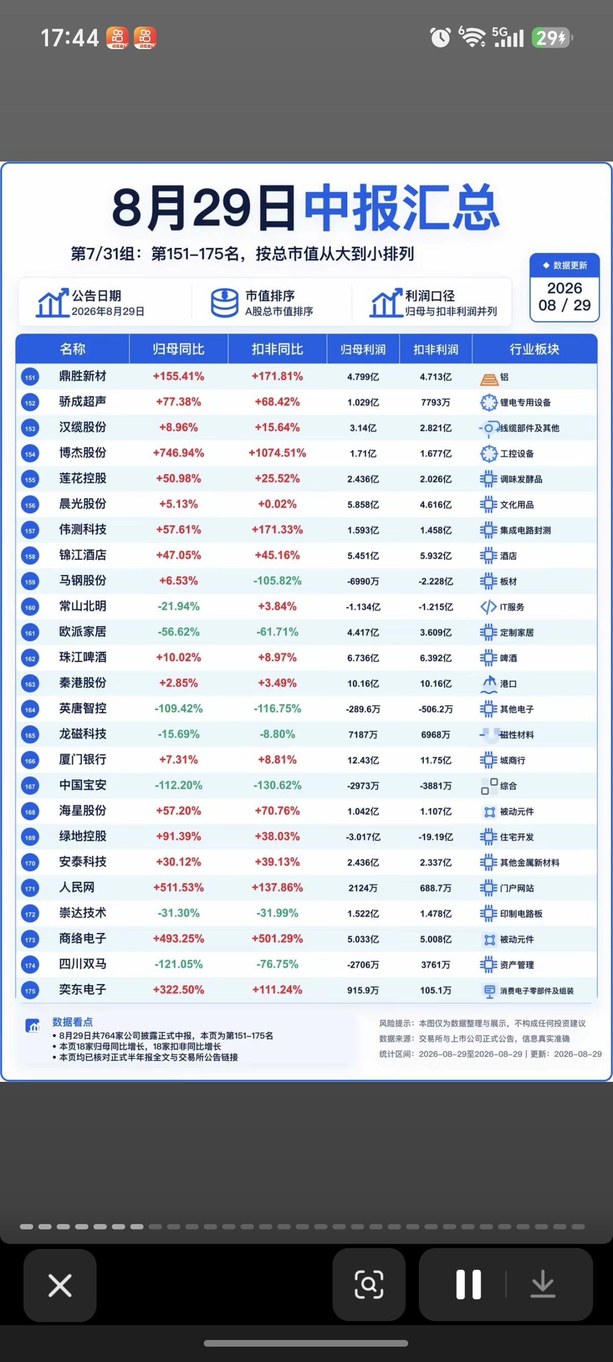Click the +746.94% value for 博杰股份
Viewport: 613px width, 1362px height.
point(178,452)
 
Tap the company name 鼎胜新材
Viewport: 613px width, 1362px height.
point(82,376)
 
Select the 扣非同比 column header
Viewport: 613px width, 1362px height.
point(277,349)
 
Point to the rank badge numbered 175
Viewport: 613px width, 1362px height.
point(30,990)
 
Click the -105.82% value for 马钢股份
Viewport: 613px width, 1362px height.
point(277,581)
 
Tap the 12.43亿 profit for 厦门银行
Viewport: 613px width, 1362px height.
point(363,760)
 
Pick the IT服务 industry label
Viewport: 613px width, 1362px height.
point(512,607)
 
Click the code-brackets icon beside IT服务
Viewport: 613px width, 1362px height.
point(488,606)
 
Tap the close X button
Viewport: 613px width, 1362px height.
point(60,1284)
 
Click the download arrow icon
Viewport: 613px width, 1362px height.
point(543,1284)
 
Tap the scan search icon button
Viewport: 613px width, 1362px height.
point(369,1284)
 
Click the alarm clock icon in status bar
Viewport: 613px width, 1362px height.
point(440,37)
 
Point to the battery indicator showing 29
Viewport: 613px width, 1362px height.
point(552,38)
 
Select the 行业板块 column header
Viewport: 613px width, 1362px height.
point(534,349)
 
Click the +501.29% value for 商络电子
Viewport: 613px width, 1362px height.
point(277,939)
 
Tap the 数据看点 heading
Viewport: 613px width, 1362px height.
point(73,1021)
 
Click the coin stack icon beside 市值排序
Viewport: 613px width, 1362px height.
point(225,303)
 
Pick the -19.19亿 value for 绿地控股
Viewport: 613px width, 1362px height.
point(435,837)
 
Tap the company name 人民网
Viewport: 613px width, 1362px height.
point(77,887)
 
